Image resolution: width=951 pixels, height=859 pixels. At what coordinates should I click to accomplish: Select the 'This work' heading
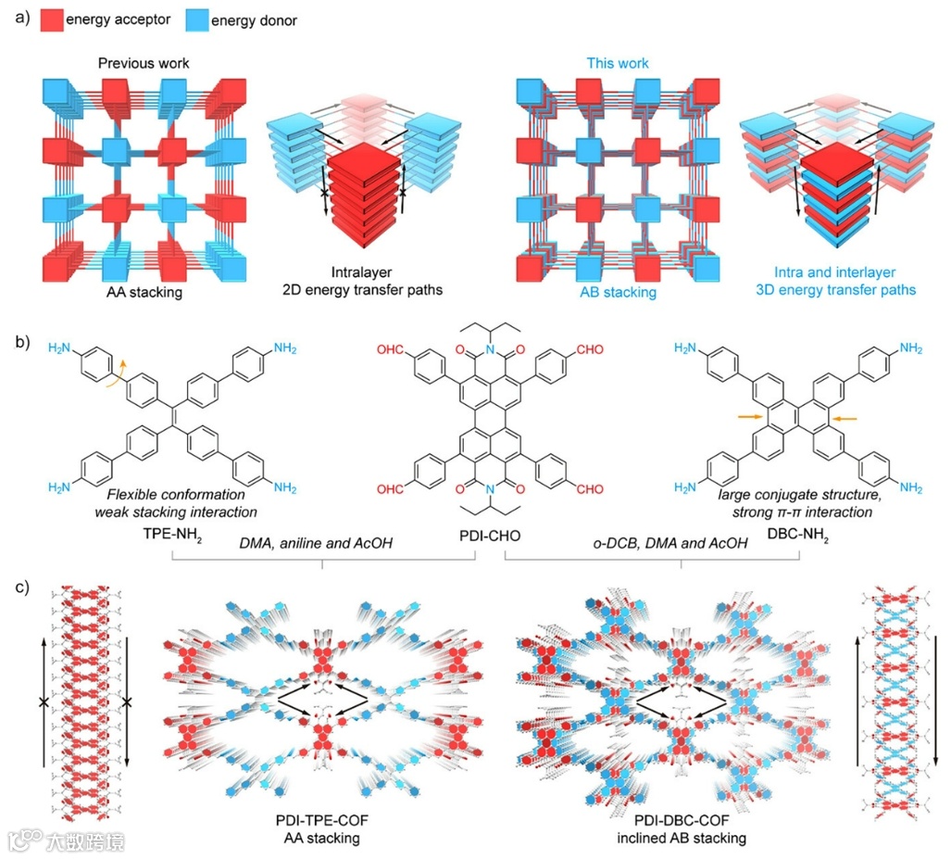618,64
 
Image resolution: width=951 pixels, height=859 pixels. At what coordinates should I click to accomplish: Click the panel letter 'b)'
19,342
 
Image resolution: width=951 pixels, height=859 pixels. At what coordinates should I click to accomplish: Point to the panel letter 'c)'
19,587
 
